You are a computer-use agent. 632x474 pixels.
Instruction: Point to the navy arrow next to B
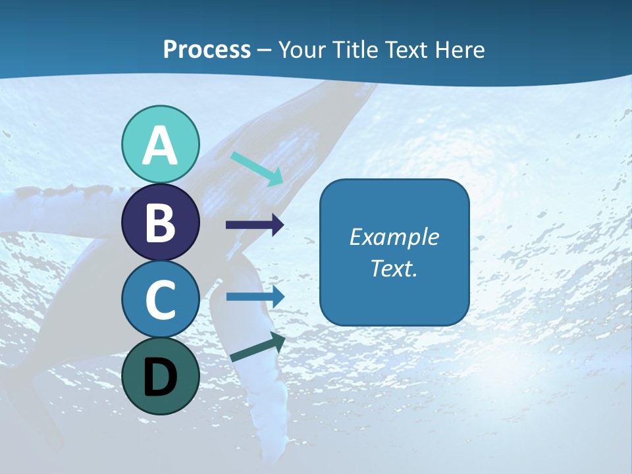[x=255, y=225]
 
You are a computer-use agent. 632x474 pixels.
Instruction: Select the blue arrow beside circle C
[x=255, y=296]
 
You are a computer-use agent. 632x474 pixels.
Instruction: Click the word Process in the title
[x=207, y=49]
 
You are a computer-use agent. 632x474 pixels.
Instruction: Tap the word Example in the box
[x=394, y=237]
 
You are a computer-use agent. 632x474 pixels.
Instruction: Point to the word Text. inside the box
[x=394, y=268]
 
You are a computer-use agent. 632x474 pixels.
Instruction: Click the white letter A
[x=160, y=145]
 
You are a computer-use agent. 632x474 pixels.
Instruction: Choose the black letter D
[x=160, y=377]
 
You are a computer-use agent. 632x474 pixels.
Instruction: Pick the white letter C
[x=160, y=300]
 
